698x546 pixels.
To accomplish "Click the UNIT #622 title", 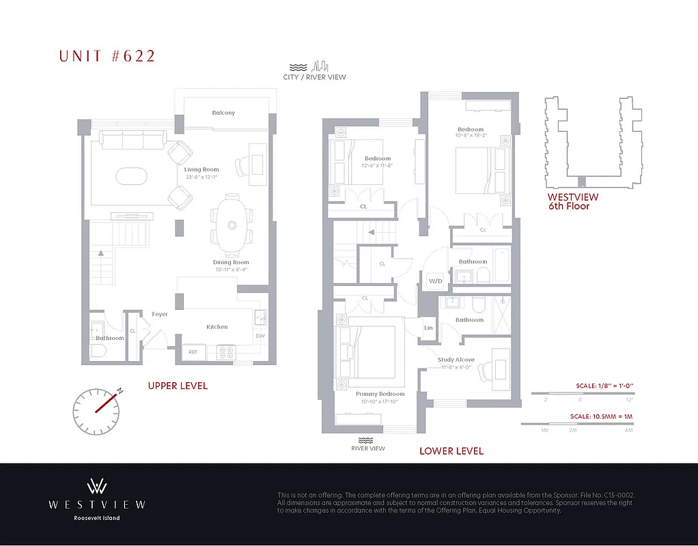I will coord(107,56).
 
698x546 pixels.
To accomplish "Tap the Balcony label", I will coord(223,113).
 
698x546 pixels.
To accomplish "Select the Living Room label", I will coord(201,169).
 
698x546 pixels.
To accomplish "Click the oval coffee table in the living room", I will coord(130,175).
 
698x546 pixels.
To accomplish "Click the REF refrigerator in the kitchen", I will coord(193,352).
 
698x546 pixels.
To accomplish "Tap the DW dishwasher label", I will coord(260,336).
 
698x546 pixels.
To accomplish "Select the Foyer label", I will coord(160,315).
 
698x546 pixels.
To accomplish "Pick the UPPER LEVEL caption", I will coord(178,386).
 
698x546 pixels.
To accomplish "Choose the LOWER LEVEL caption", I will coord(451,450).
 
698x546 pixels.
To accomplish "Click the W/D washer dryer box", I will coord(435,281).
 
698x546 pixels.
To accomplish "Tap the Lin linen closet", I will coord(429,328).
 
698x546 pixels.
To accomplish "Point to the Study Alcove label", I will coord(456,360).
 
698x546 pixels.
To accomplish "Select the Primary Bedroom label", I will coord(380,394).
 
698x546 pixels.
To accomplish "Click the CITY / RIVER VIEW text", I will coord(314,77).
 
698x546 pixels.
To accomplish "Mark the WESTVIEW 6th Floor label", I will coord(568,201).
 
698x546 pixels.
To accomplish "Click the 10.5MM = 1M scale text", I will coord(602,416).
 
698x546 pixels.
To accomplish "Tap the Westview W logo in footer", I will coord(96,487).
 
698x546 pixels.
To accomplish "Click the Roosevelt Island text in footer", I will coord(97,518).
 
